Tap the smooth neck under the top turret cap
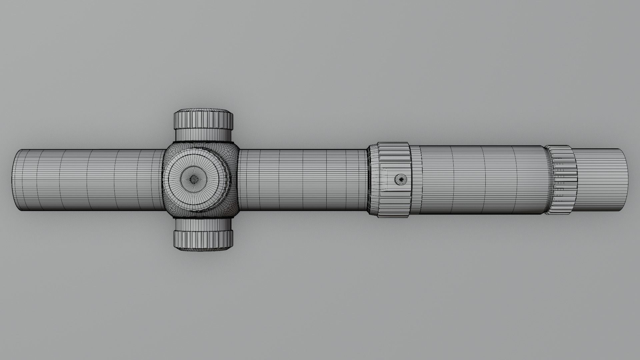point(203,135)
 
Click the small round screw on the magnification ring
point(400,180)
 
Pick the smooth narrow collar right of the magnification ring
point(415,180)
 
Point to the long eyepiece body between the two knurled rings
point(480,180)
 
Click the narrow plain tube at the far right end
point(600,180)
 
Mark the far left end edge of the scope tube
point(14,180)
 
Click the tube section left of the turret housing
point(90,180)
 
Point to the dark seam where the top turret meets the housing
point(203,142)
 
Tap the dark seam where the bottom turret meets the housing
point(203,218)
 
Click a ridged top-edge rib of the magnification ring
point(393,147)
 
